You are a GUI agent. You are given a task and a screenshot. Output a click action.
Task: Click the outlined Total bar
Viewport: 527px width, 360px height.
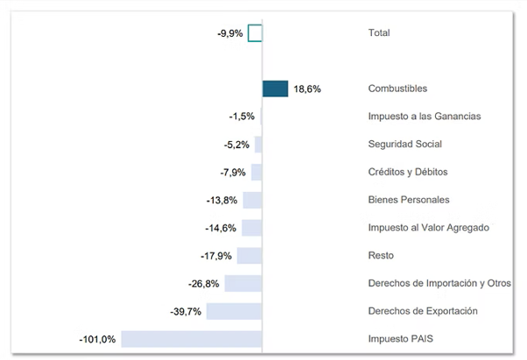(255, 33)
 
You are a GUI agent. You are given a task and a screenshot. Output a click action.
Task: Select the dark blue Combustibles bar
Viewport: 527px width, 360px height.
(275, 88)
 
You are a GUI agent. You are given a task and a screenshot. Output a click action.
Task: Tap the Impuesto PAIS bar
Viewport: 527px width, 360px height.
(192, 339)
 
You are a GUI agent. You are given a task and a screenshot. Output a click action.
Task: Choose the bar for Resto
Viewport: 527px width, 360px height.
(249, 256)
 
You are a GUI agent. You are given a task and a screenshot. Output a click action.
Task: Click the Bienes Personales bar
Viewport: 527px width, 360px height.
(252, 200)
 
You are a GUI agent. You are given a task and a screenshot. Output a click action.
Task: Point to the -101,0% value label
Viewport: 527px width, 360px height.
(97, 339)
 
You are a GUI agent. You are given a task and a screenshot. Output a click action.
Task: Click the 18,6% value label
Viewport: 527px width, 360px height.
(307, 89)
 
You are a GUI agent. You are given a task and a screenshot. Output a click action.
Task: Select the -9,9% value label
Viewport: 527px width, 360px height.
(230, 33)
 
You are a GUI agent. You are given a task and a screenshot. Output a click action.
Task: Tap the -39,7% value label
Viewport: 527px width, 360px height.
(186, 311)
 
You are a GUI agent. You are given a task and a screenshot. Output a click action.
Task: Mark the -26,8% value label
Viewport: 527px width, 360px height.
(204, 284)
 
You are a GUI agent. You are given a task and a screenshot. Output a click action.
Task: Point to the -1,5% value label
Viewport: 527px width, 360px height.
(242, 116)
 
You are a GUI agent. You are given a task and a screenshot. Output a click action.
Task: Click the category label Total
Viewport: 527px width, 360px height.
(379, 33)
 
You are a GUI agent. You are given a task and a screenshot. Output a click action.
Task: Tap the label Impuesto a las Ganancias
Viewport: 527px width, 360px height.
(425, 116)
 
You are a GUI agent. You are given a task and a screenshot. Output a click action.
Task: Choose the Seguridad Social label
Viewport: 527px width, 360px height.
(405, 145)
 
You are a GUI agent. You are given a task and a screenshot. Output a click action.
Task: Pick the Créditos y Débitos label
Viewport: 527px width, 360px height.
(408, 173)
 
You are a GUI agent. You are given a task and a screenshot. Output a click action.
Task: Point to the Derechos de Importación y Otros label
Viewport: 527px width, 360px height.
(439, 284)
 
